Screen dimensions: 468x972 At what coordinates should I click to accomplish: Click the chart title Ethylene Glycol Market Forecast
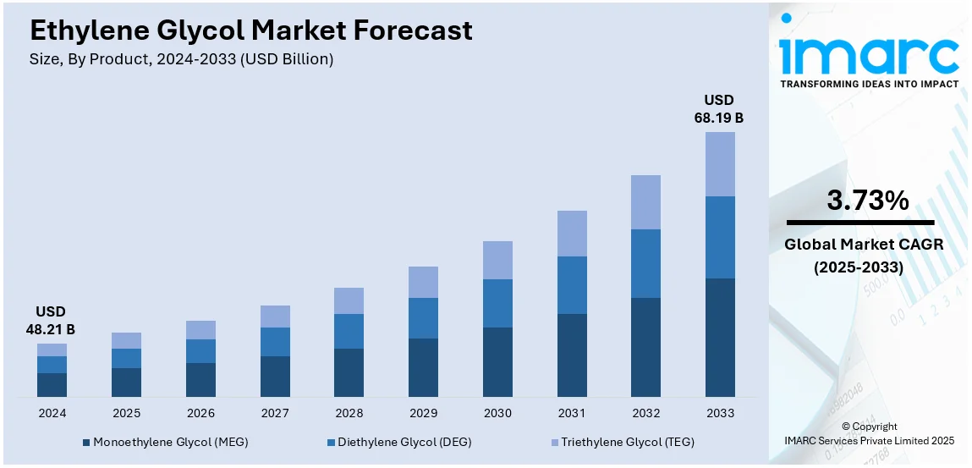[x=250, y=31]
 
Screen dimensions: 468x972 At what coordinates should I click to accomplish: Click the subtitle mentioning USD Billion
[x=181, y=59]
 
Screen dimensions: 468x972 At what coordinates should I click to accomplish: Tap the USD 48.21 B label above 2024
[x=51, y=321]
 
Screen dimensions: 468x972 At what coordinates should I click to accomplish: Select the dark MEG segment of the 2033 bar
[x=720, y=337]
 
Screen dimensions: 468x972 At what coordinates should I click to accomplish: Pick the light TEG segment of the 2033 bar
[x=720, y=164]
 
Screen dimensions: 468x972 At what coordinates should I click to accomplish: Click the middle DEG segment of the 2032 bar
[x=645, y=263]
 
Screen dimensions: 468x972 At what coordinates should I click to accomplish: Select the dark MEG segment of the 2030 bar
[x=497, y=361]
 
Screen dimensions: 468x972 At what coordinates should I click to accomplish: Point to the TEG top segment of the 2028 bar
[x=349, y=300]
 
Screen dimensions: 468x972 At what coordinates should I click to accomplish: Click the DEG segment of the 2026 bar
[x=200, y=351]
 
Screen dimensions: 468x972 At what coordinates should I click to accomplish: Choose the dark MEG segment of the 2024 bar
[x=52, y=384]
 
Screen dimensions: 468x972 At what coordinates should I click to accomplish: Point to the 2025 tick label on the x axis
[x=126, y=413]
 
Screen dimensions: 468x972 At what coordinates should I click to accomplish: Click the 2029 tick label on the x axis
[x=423, y=413]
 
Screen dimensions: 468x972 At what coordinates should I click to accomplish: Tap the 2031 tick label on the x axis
[x=572, y=413]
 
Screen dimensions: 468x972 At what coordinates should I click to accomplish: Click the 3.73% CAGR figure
[x=867, y=201]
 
